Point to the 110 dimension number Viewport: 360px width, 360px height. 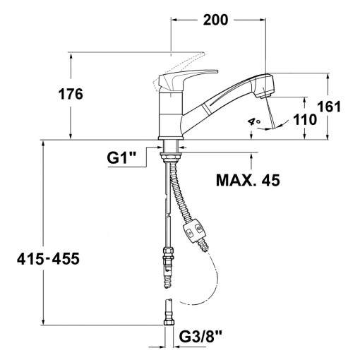pos(304,120)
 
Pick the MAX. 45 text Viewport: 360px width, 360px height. pos(246,180)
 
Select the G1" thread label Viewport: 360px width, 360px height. pos(121,158)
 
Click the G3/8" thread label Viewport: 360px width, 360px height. pos(203,337)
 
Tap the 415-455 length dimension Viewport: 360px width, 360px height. pos(49,259)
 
